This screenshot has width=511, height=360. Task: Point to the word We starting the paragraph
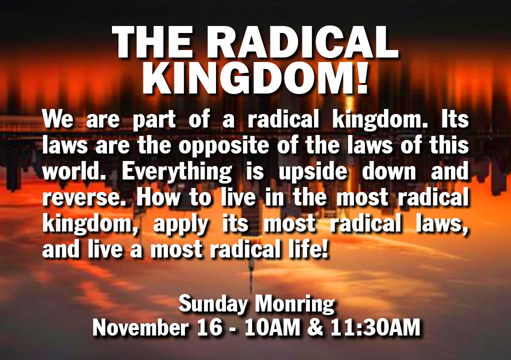(57, 119)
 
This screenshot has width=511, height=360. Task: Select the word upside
(313, 171)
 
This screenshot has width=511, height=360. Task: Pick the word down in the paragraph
(389, 171)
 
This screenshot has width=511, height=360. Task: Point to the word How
(158, 197)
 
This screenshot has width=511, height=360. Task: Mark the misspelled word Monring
(294, 304)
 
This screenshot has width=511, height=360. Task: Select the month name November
(141, 327)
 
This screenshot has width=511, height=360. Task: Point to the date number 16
(210, 327)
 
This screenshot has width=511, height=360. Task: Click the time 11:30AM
(375, 327)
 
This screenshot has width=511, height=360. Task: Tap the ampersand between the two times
(315, 327)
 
